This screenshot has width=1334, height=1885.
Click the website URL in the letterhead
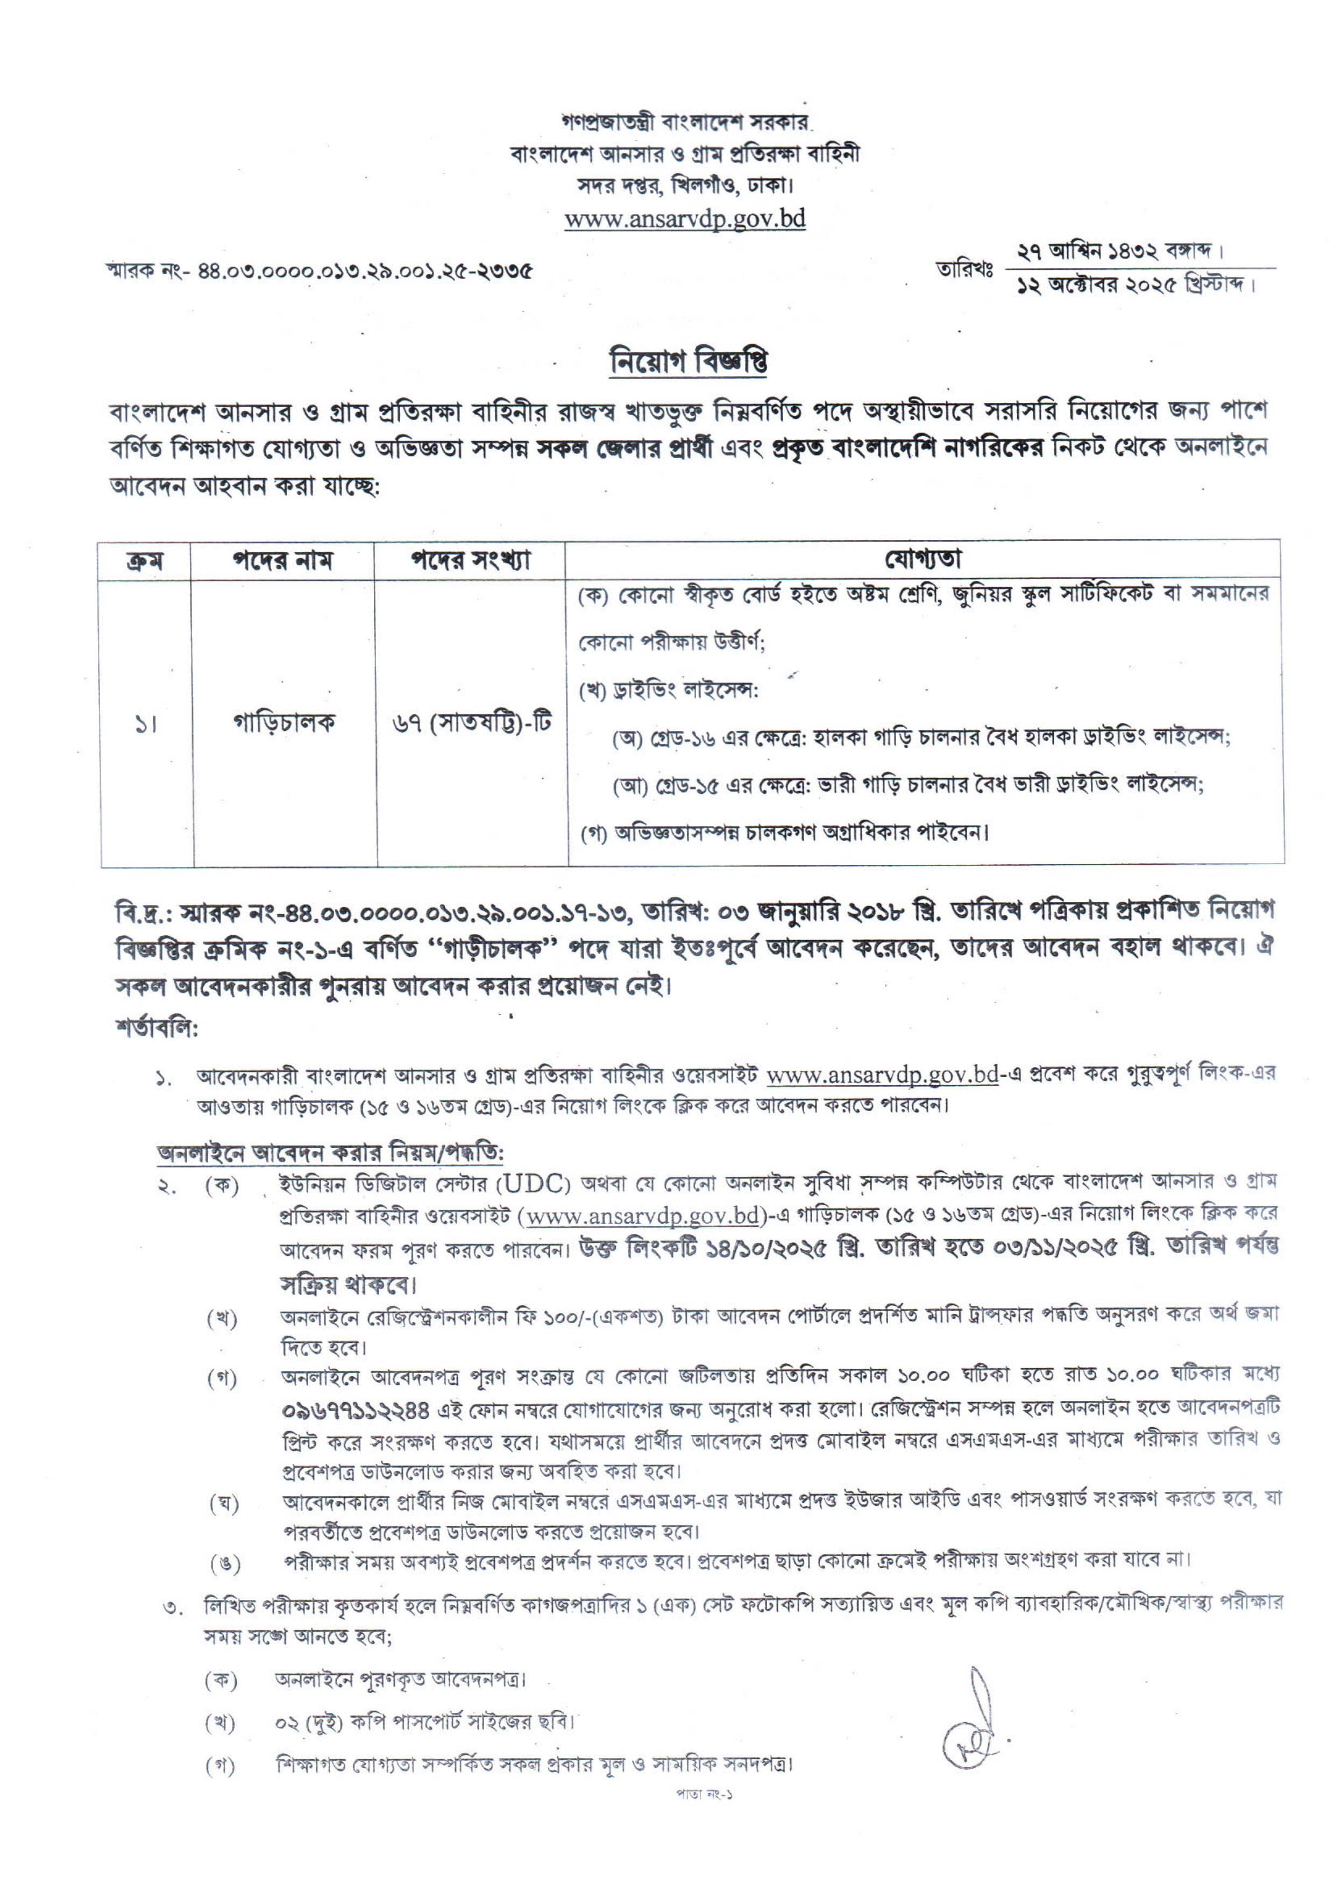click(685, 218)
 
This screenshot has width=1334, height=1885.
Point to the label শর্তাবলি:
click(157, 1028)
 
